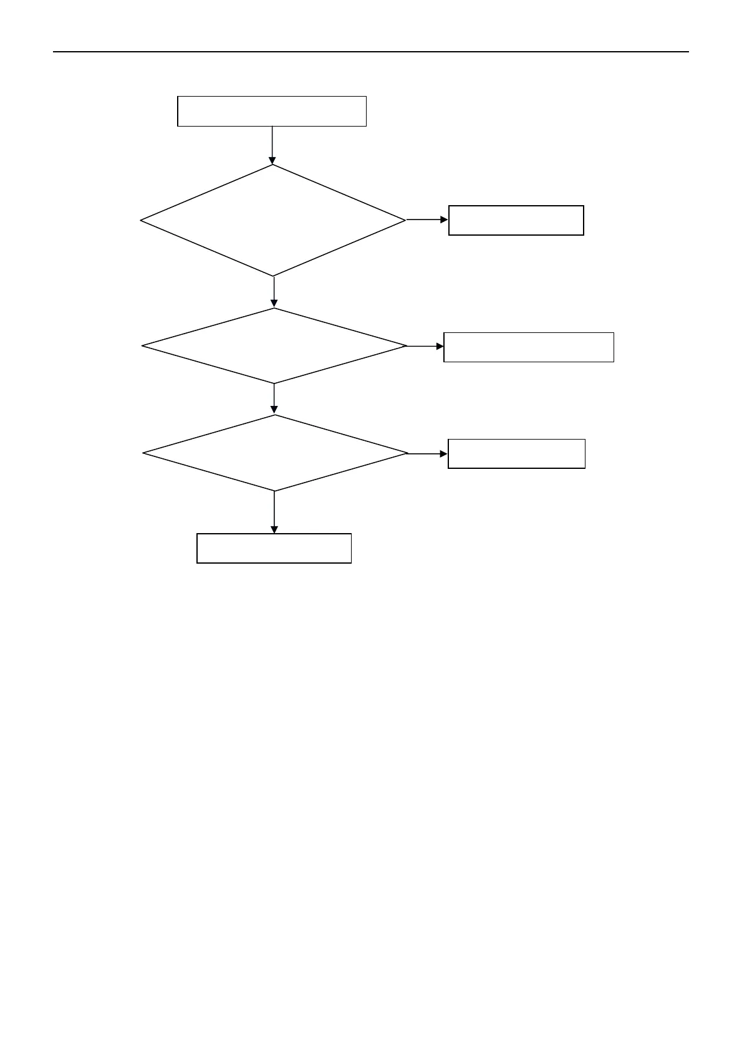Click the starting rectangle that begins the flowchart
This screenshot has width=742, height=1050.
click(271, 111)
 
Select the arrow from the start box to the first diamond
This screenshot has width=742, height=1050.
click(272, 145)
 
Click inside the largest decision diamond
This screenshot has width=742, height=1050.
click(273, 220)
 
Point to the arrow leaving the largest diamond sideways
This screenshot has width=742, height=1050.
click(426, 219)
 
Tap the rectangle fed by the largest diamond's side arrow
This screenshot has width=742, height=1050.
click(516, 220)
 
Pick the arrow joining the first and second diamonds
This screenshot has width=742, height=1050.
click(274, 292)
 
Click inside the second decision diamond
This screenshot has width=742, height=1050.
click(274, 345)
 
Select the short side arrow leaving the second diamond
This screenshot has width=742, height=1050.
click(425, 346)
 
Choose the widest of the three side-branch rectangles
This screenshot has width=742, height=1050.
click(528, 347)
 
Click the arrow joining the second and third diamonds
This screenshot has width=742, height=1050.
click(274, 398)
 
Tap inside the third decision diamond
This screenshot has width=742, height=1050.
click(274, 453)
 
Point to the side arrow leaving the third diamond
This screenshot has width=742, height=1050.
click(428, 454)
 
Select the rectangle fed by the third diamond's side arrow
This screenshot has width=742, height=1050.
click(516, 453)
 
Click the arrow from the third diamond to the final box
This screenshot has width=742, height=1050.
click(274, 512)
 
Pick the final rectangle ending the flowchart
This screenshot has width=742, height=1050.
click(274, 548)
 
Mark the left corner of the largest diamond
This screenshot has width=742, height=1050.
click(142, 220)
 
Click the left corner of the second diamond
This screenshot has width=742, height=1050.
click(143, 345)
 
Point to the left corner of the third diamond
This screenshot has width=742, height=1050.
click(144, 453)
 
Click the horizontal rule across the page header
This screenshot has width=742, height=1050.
click(370, 52)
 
